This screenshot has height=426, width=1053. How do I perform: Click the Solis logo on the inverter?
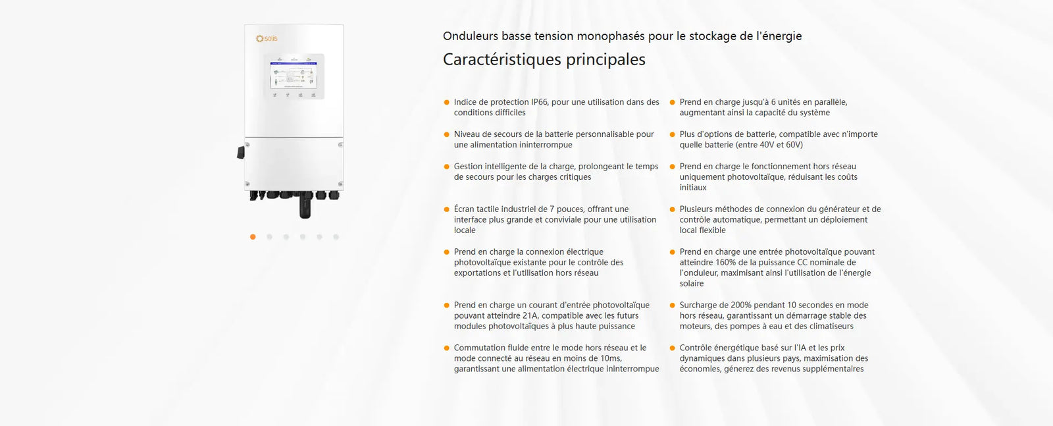coord(267,39)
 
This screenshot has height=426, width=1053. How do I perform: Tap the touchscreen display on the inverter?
coord(294,75)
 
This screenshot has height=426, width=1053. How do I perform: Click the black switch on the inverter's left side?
coord(241,152)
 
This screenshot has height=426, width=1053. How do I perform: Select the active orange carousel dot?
coord(253,237)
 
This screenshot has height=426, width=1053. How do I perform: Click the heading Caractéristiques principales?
coord(544,60)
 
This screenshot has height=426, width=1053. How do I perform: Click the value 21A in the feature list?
coord(530,316)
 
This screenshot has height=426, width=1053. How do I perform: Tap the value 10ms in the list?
coord(610,358)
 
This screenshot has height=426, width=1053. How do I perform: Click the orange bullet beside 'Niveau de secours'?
coord(447,134)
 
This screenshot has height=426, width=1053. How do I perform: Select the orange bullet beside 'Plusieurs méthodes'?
coord(672,209)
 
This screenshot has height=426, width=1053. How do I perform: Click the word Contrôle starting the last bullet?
coord(696,348)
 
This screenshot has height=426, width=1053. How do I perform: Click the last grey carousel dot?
coord(336,237)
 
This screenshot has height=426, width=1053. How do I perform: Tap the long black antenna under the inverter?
coord(304,207)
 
